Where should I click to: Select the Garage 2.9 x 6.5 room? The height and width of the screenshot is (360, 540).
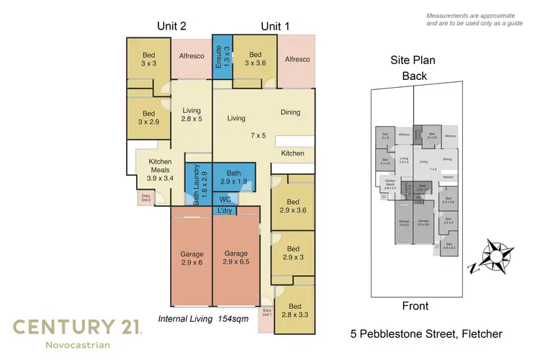tap(235, 259)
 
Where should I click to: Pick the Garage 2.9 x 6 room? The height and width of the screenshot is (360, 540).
tap(192, 259)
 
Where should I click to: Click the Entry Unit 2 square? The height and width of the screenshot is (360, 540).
tap(144, 198)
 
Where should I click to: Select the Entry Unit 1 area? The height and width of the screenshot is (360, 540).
tap(266, 315)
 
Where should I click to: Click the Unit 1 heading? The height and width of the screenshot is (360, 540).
tap(275, 26)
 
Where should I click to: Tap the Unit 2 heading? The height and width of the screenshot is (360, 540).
tap(172, 26)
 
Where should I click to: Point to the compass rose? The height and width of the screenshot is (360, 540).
tap(498, 255)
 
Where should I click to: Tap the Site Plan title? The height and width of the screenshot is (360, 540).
tap(414, 61)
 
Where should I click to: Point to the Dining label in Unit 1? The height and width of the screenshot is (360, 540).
tap(290, 112)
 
